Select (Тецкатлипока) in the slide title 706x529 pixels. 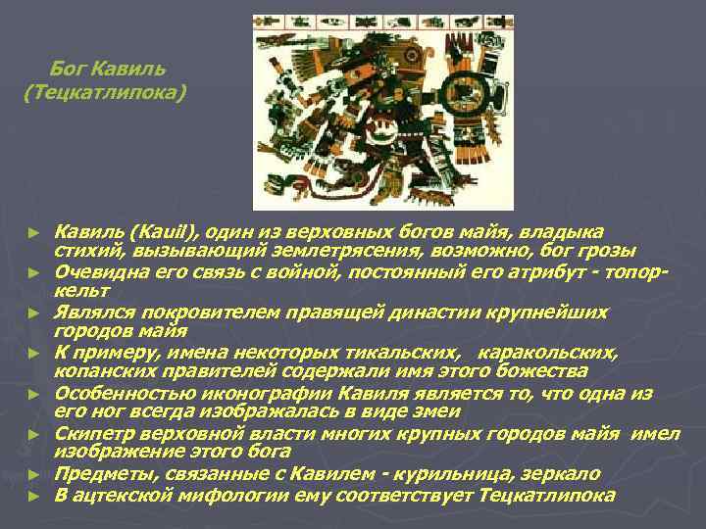pos(102,94)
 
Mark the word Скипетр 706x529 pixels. pos(96,433)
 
